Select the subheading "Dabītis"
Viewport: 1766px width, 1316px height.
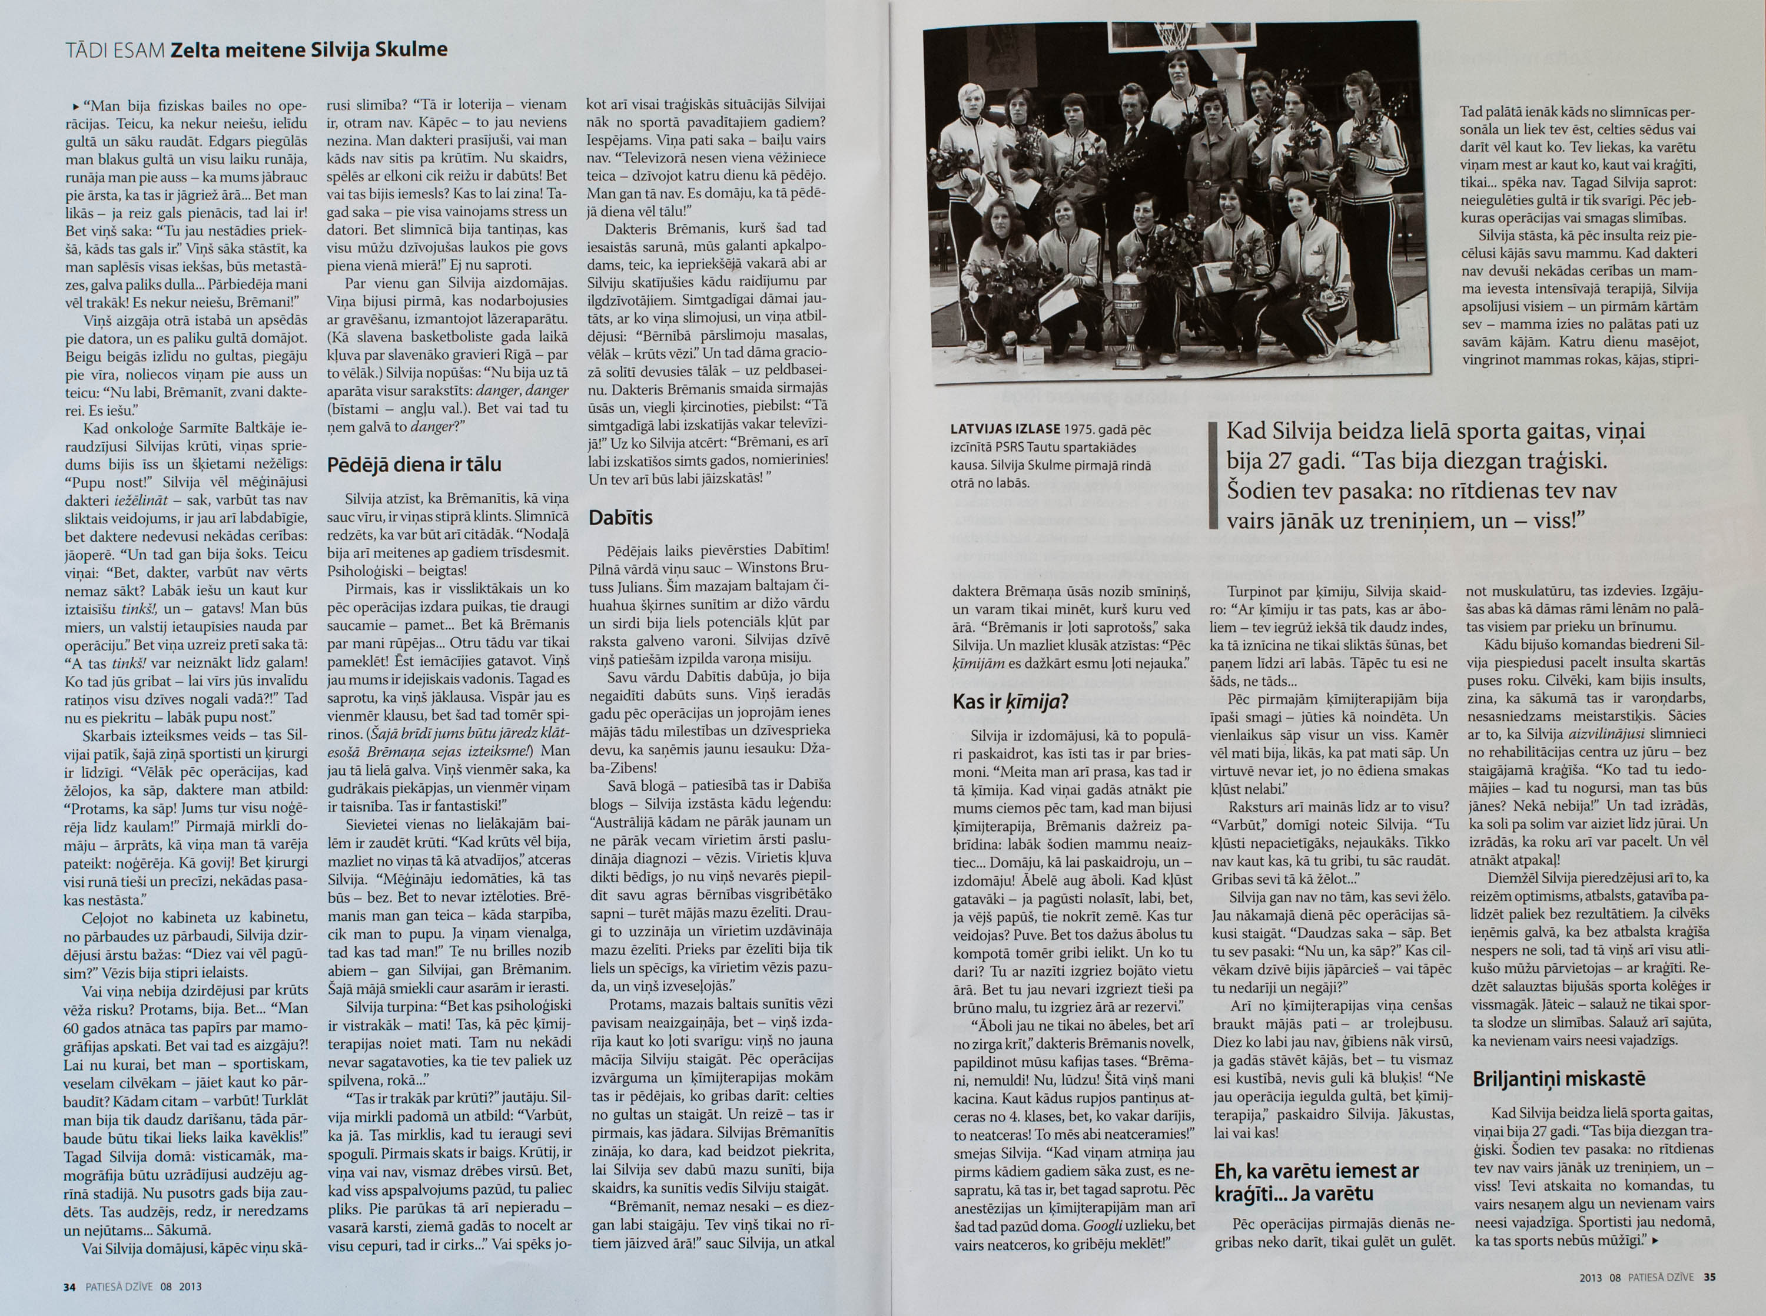tap(620, 518)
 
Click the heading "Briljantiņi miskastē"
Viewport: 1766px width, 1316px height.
tap(1558, 1079)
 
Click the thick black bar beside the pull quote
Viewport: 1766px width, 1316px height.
tap(1213, 476)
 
